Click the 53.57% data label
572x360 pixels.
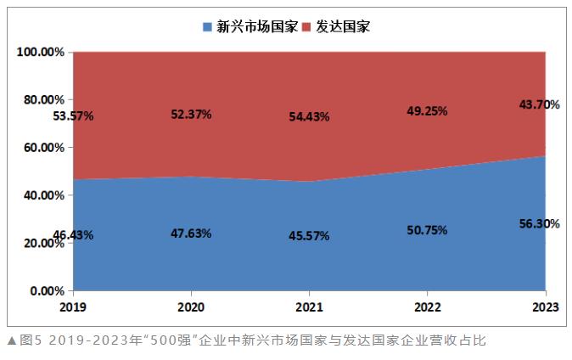[73, 116]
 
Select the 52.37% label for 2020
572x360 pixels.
[191, 115]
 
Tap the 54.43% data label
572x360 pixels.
[309, 116]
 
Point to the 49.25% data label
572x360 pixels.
[426, 110]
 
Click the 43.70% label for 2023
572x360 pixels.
[539, 104]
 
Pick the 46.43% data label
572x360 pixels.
[73, 234]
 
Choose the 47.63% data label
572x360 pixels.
[191, 233]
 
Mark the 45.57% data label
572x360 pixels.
[309, 235]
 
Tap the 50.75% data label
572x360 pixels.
[426, 229]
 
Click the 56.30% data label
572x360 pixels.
[539, 223]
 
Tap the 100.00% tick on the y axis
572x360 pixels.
[41, 52]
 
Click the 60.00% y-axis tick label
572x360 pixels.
[43, 148]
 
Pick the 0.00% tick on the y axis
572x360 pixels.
[47, 291]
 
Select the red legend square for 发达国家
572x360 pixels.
[307, 26]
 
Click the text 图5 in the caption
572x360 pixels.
[25, 341]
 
